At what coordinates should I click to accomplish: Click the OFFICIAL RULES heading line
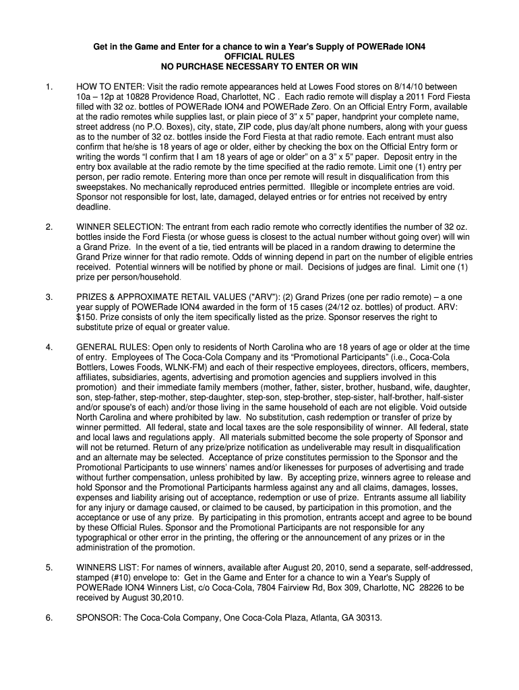click(259, 57)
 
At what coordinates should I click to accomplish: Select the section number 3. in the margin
click(49, 296)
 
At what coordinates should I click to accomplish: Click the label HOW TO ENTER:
click(110, 87)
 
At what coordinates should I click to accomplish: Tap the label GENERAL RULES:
click(112, 347)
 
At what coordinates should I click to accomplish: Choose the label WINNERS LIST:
click(109, 568)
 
